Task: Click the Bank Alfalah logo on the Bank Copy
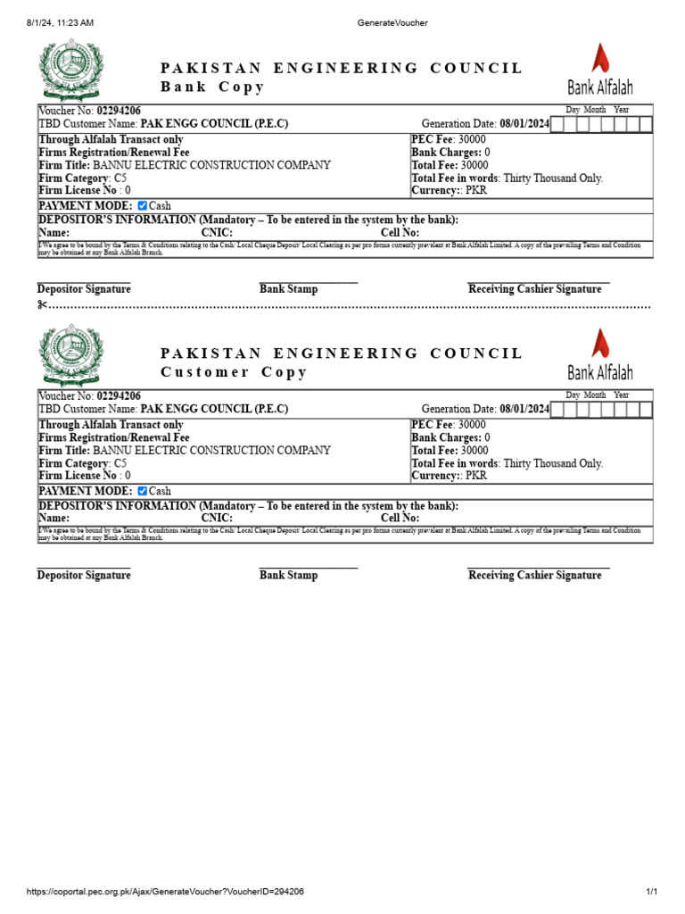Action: click(x=600, y=70)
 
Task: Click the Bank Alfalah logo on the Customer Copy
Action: click(x=600, y=354)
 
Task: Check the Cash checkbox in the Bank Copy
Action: click(x=143, y=205)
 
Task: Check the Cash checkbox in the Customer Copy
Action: click(x=143, y=491)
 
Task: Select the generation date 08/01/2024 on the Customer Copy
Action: click(x=524, y=410)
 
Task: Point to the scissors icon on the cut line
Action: click(x=42, y=305)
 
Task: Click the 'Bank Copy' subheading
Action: click(x=212, y=87)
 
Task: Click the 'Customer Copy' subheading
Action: click(x=234, y=372)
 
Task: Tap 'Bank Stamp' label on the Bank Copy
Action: click(x=288, y=289)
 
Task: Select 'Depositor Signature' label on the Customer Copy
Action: click(x=84, y=576)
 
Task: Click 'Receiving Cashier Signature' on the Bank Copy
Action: click(x=534, y=289)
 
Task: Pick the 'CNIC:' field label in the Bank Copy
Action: click(x=217, y=233)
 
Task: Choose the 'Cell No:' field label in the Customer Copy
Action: click(x=400, y=518)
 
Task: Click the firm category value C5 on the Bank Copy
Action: click(x=120, y=178)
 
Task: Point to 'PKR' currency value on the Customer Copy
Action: click(x=476, y=476)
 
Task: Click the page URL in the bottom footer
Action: click(x=165, y=892)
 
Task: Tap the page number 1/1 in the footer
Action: click(x=651, y=892)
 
